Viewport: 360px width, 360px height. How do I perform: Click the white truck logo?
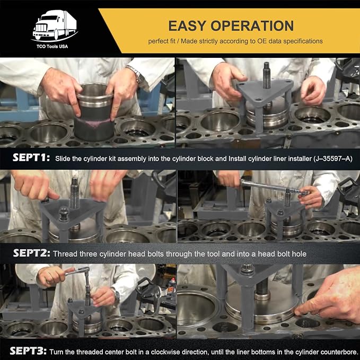[x=55, y=25]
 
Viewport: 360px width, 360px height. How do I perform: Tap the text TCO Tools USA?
[x=52, y=46]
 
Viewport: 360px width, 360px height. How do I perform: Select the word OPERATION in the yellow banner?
[x=252, y=25]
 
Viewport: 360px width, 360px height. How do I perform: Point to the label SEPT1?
[x=31, y=157]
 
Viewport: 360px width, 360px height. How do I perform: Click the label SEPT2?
[x=32, y=253]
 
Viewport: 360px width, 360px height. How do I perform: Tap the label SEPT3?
[x=28, y=351]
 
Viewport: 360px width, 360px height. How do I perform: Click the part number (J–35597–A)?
[x=332, y=159]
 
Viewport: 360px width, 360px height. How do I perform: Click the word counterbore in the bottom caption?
[x=340, y=352]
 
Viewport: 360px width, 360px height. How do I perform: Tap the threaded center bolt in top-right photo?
[x=266, y=75]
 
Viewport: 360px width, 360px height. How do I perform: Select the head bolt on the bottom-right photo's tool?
[x=247, y=269]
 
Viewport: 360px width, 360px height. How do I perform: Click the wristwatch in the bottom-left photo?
[x=117, y=295]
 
